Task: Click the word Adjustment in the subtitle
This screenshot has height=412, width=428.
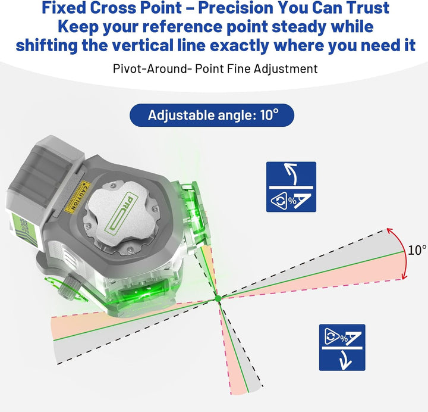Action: (285, 68)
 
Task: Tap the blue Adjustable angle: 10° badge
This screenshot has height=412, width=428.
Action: (212, 115)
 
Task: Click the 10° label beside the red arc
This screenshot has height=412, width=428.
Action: (417, 250)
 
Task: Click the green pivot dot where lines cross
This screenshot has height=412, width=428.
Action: (218, 298)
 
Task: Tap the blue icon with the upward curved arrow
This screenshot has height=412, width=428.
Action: (291, 187)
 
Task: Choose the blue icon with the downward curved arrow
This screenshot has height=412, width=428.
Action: (342, 347)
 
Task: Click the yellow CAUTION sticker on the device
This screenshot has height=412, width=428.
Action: (78, 196)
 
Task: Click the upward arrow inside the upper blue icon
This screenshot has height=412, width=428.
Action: (291, 174)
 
